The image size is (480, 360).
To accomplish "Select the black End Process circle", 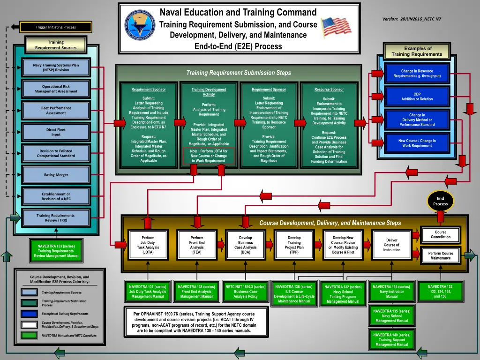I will [440, 201].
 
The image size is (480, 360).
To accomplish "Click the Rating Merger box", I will [56, 175].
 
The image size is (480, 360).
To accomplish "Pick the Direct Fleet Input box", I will [56, 132].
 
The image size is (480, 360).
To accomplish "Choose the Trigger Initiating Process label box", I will [56, 27].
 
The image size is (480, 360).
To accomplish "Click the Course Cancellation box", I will [441, 235].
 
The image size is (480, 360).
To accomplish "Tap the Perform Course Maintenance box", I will [441, 255].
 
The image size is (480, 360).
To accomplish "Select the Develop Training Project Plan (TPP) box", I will [294, 245].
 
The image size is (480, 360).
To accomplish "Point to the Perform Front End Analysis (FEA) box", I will [197, 245].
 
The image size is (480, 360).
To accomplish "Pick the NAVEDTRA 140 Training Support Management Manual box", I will [392, 340].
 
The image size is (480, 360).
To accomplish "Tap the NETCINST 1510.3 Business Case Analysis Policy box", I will [246, 292].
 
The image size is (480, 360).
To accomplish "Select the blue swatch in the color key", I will [29, 314].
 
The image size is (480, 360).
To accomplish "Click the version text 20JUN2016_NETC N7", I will [414, 19].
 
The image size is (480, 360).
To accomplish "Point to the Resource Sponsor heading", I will [329, 90].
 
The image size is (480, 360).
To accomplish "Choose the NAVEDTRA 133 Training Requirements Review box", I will [56, 251].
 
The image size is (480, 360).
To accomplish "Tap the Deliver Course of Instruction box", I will [391, 245].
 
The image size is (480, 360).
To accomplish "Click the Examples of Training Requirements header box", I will [417, 51].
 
